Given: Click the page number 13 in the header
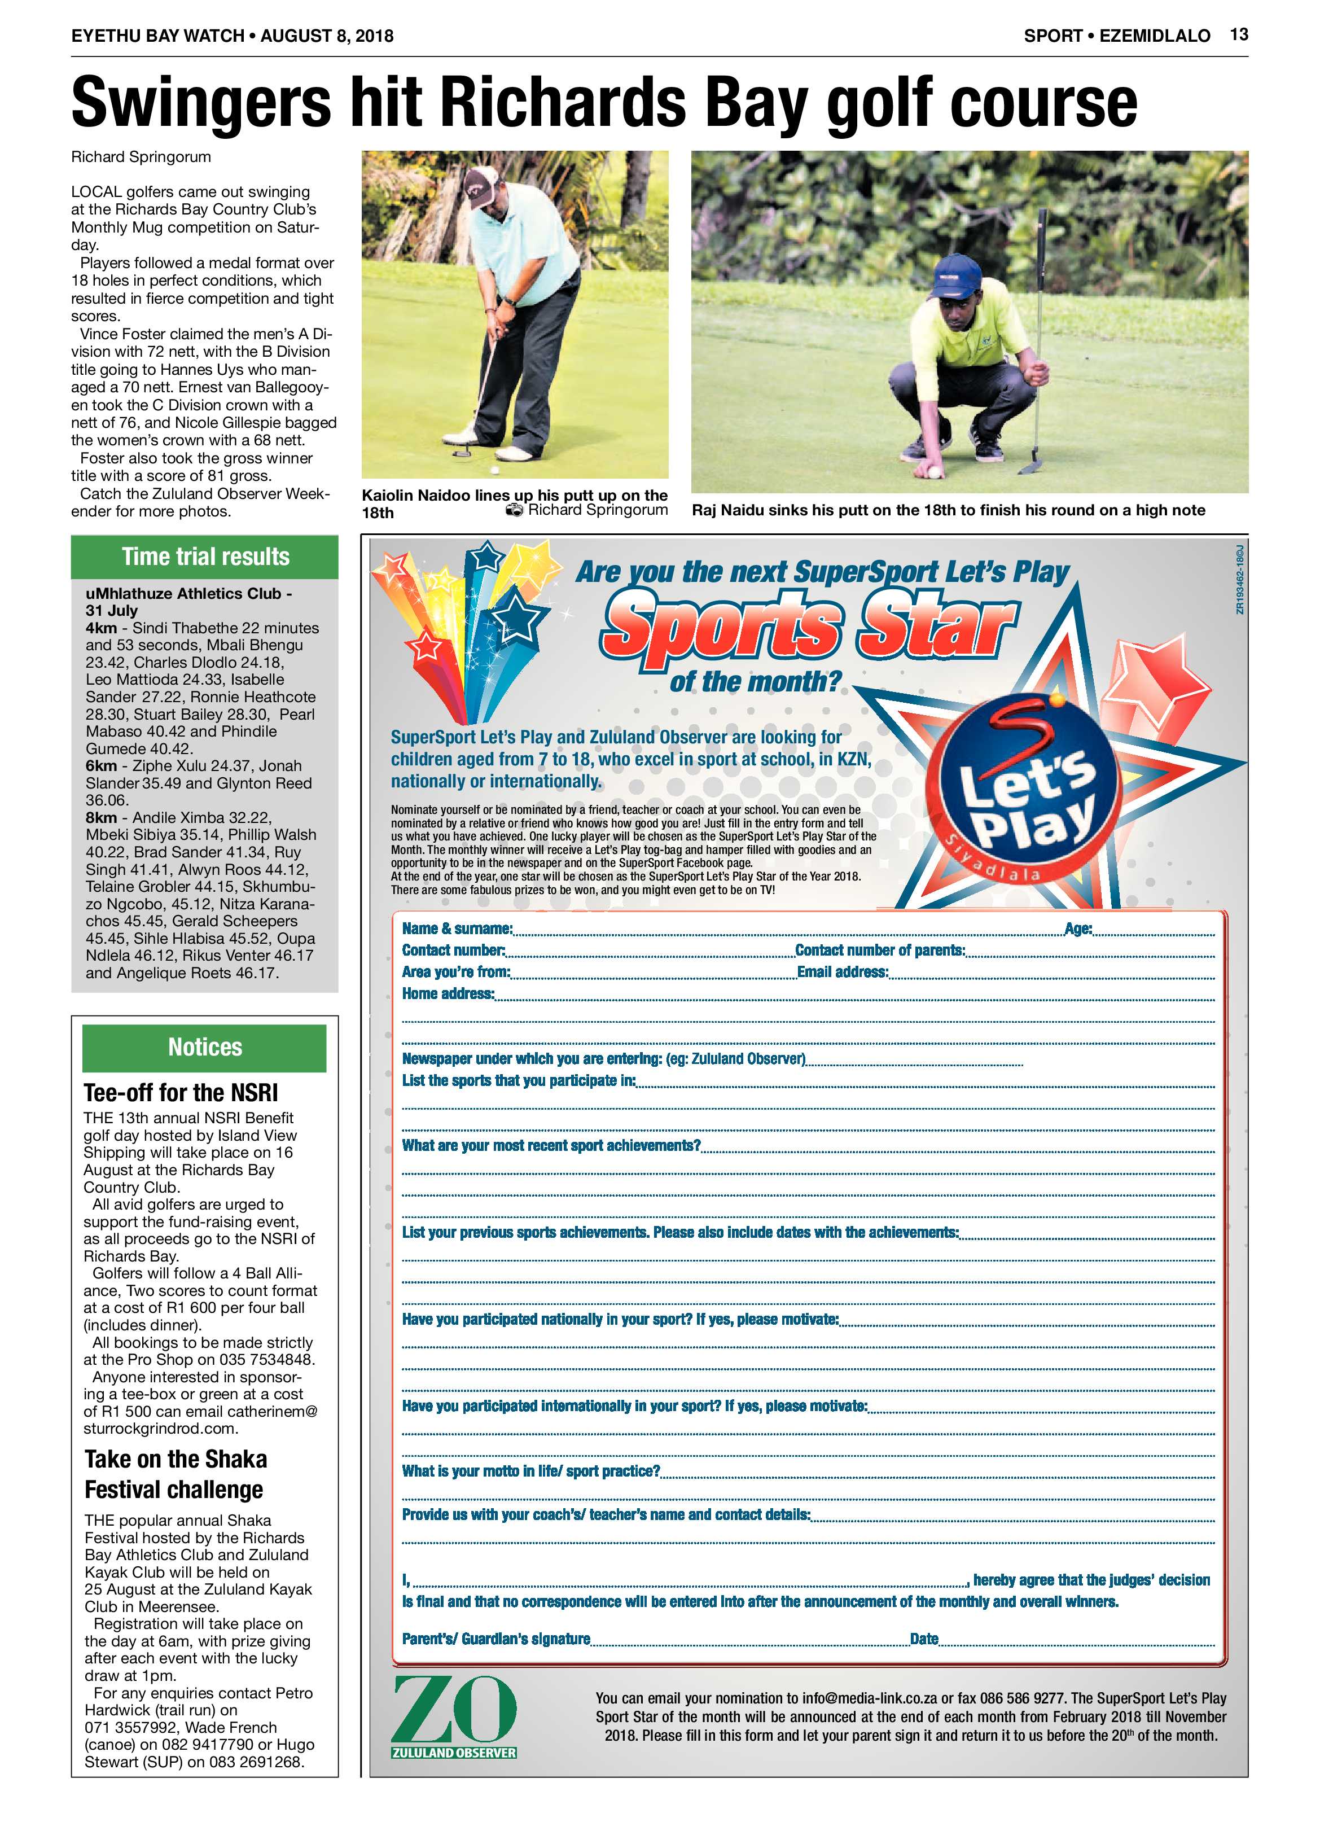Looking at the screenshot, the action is coord(1238,34).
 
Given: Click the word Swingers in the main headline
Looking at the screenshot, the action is coord(201,103).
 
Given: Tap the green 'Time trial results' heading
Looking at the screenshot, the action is coord(205,557).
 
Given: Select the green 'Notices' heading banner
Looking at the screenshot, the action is coord(205,1047).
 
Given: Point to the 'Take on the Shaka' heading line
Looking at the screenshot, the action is coord(176,1459).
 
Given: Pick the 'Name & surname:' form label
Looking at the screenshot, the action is coord(457,928).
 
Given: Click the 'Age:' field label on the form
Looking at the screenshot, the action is coord(1078,928).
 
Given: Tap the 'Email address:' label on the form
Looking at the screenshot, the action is coord(842,972).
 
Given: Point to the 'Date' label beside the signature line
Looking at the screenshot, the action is coord(924,1639).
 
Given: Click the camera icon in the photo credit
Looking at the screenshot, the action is coord(514,510).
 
